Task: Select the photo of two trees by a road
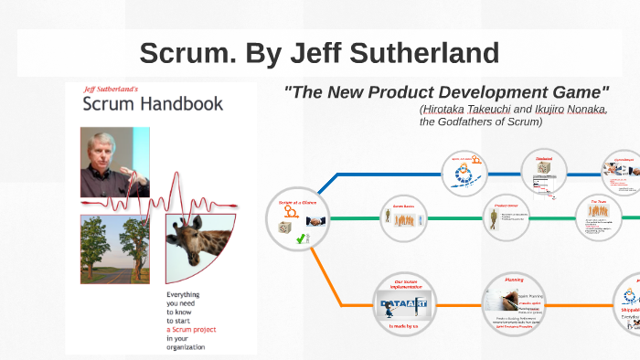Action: click(115, 249)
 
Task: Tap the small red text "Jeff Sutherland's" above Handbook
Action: click(111, 90)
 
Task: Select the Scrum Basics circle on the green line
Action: click(403, 219)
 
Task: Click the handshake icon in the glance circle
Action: click(315, 220)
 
